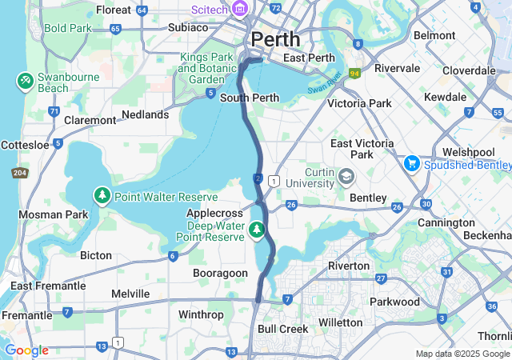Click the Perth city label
275,38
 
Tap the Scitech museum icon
239,9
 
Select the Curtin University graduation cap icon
346,175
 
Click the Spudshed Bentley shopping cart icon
412,163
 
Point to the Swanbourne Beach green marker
25,80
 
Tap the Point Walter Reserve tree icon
102,196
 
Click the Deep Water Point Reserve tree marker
257,230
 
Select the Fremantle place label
26,315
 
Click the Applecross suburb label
214,214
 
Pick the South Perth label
250,98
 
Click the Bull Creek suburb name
282,329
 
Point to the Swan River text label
325,82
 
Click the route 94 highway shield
354,74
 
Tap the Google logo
26,350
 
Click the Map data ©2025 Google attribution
462,354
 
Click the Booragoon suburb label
220,273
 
